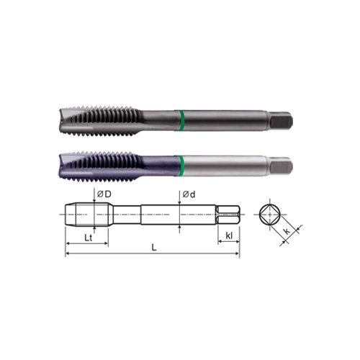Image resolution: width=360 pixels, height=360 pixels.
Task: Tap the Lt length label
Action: point(86,236)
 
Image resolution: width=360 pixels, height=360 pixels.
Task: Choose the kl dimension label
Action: point(228,236)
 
